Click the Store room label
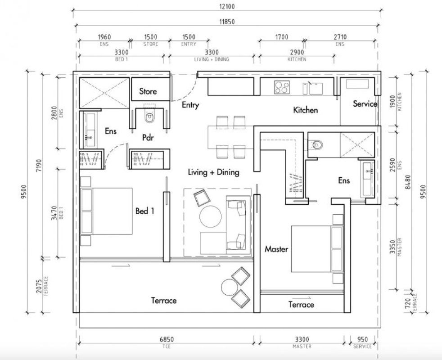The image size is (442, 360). pyautogui.click(x=148, y=91)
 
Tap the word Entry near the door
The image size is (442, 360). pyautogui.click(x=190, y=105)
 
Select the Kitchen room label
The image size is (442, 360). pyautogui.click(x=305, y=110)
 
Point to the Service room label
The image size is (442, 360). pyautogui.click(x=365, y=104)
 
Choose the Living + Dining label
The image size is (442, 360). pyautogui.click(x=213, y=172)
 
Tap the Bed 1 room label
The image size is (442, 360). pyautogui.click(x=145, y=211)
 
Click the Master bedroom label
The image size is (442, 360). pyautogui.click(x=276, y=249)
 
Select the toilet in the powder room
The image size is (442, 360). pyautogui.click(x=149, y=117)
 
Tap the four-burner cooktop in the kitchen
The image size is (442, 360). pyautogui.click(x=282, y=87)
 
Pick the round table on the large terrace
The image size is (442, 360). pyautogui.click(x=230, y=287)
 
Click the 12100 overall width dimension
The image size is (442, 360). pyautogui.click(x=228, y=6)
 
